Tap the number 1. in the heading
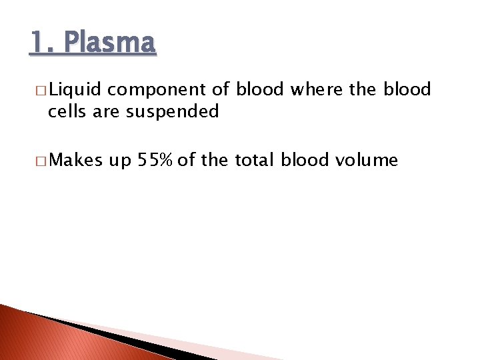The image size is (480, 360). pyautogui.click(x=42, y=43)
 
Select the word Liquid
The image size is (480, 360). pyautogui.click(x=73, y=89)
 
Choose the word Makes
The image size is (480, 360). pyautogui.click(x=77, y=160)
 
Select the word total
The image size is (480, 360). pyautogui.click(x=253, y=160)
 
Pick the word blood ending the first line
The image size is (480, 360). pyautogui.click(x=407, y=89)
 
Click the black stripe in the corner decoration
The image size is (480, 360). pyautogui.click(x=107, y=333)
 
